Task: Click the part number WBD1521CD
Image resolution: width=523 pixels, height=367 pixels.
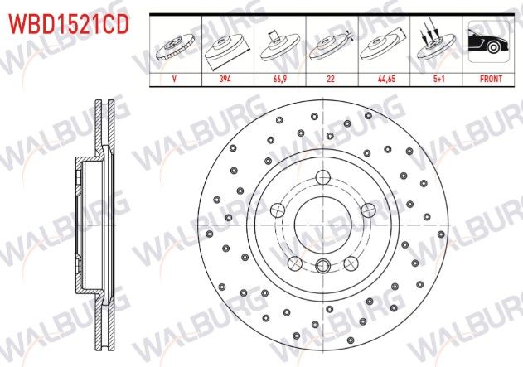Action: click(68, 25)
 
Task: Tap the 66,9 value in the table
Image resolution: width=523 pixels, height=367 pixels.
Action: click(280, 80)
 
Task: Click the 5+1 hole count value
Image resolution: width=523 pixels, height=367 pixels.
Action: click(436, 80)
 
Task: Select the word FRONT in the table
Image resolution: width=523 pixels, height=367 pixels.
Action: click(488, 80)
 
